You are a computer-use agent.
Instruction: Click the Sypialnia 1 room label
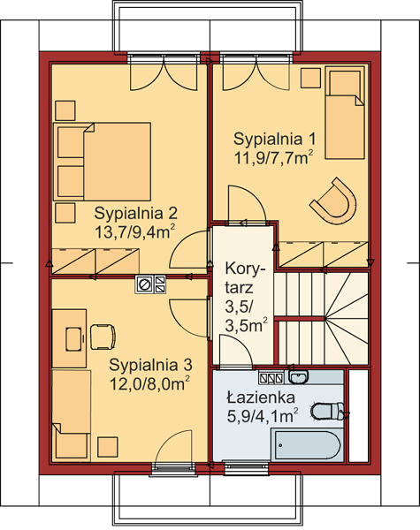pyautogui.click(x=274, y=139)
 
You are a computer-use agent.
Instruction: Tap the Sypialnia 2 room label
pyautogui.click(x=135, y=213)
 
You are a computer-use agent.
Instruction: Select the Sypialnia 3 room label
pyautogui.click(x=150, y=365)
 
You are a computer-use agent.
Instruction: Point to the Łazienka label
pyautogui.click(x=261, y=397)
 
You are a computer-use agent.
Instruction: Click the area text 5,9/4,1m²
pyautogui.click(x=263, y=416)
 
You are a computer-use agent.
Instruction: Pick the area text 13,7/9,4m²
pyautogui.click(x=135, y=232)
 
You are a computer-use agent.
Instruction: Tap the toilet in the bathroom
pyautogui.click(x=327, y=411)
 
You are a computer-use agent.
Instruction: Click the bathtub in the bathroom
pyautogui.click(x=307, y=445)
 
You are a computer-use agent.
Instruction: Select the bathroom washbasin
pyautogui.click(x=299, y=376)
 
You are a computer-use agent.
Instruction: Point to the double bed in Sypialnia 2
pyautogui.click(x=102, y=162)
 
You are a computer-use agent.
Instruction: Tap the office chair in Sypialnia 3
pyautogui.click(x=103, y=337)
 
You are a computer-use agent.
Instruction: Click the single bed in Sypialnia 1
pyautogui.click(x=345, y=112)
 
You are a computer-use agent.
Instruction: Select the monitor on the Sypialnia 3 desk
pyautogui.click(x=74, y=339)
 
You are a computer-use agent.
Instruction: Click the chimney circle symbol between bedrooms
pyautogui.click(x=145, y=284)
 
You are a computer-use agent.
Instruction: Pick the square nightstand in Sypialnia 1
pyautogui.click(x=310, y=78)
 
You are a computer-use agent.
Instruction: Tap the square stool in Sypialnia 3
pyautogui.click(x=108, y=447)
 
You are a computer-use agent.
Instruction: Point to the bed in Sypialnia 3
pyautogui.click(x=72, y=416)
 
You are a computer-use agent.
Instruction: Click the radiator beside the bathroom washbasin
pyautogui.click(x=271, y=378)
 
